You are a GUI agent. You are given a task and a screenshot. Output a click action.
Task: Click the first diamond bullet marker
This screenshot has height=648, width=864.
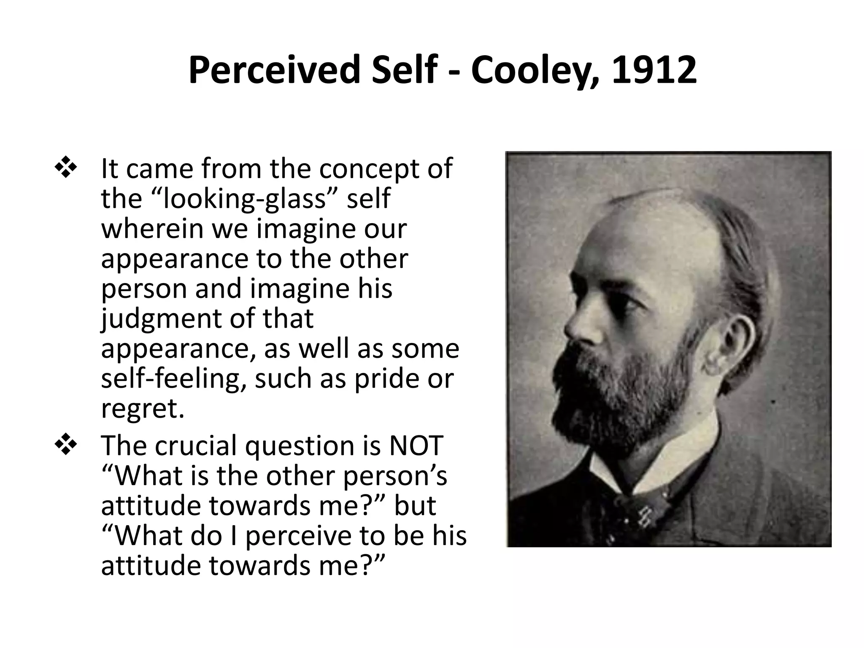click(66, 168)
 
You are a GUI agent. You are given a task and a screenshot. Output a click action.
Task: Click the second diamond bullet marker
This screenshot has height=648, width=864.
click(66, 445)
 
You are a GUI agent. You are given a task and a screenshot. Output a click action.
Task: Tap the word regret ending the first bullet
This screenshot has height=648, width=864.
click(142, 408)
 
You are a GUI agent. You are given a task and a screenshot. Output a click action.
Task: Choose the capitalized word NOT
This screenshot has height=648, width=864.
click(416, 445)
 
